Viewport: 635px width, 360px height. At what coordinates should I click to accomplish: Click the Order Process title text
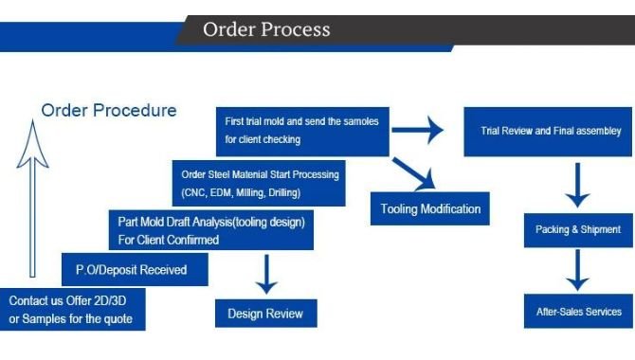click(266, 28)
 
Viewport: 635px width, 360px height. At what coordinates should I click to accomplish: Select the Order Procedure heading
click(108, 110)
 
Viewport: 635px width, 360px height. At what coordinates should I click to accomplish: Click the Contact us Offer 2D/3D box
click(73, 310)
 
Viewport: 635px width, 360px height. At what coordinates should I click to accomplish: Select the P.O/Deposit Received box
click(132, 270)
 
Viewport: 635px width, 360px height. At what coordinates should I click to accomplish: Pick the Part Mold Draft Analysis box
click(210, 230)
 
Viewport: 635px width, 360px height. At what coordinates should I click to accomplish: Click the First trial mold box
click(302, 131)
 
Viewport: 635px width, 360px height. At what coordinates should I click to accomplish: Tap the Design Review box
click(266, 313)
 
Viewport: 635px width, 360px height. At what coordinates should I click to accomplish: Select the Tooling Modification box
click(430, 208)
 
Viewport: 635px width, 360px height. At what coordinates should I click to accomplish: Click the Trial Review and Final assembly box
click(545, 132)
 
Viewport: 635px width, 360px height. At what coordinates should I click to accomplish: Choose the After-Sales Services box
click(578, 311)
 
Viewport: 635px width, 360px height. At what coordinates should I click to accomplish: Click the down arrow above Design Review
click(265, 274)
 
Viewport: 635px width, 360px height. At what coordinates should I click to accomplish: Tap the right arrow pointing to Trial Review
click(419, 130)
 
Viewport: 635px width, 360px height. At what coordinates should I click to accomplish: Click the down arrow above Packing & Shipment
click(577, 186)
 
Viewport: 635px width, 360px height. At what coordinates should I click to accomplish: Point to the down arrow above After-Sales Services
click(577, 270)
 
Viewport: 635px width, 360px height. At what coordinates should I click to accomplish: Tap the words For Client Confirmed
click(169, 240)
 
